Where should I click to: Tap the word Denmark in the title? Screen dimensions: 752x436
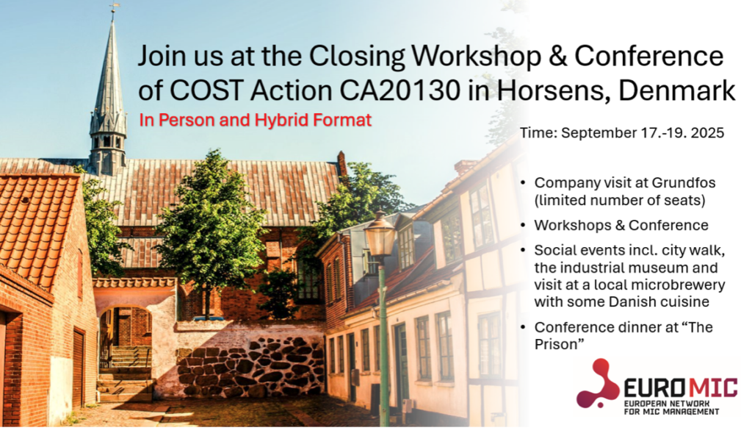tap(676, 90)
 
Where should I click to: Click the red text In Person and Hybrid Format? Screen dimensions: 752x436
tap(255, 120)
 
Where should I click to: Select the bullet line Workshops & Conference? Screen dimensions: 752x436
tap(621, 225)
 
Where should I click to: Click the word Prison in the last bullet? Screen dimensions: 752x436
tap(556, 344)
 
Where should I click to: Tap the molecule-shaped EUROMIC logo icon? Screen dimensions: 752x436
tap(598, 383)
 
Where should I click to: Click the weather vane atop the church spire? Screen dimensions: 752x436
tap(113, 8)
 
